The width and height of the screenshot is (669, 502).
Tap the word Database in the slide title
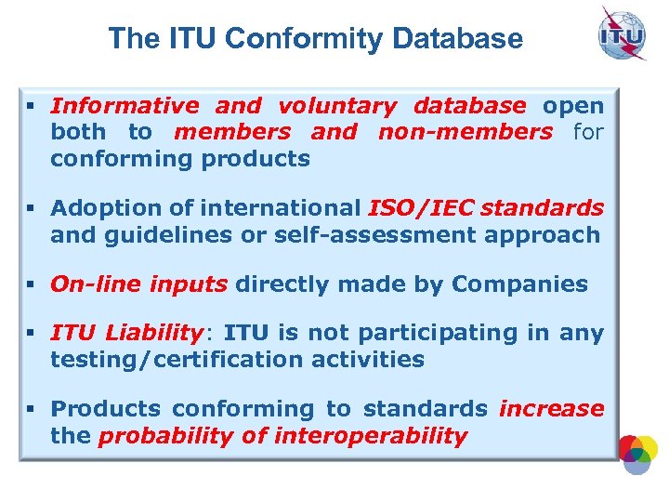tap(458, 39)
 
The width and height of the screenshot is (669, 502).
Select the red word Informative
tap(125, 106)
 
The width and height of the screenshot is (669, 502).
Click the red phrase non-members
tap(465, 132)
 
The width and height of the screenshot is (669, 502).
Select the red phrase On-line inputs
tap(138, 284)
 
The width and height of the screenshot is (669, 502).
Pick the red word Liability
tap(153, 333)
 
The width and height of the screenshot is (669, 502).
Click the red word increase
tap(552, 409)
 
